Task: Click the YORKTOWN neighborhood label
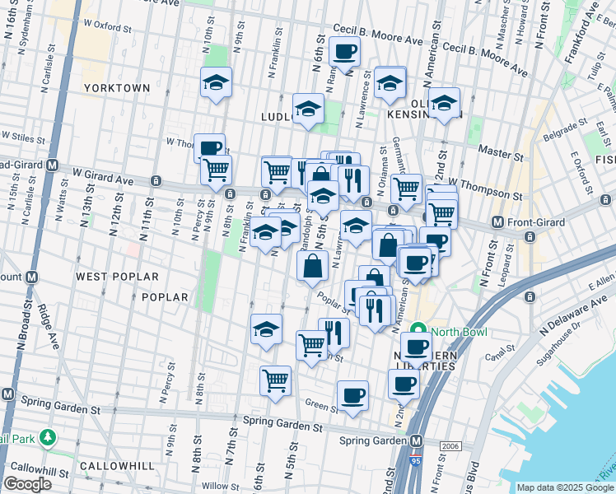pyautogui.click(x=117, y=88)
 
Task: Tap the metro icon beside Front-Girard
pyautogui.click(x=497, y=222)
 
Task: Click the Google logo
pyautogui.click(x=27, y=484)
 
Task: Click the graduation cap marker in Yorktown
pyautogui.click(x=216, y=83)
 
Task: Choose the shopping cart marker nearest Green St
pyautogui.click(x=276, y=381)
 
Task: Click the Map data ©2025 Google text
pyautogui.click(x=565, y=487)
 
